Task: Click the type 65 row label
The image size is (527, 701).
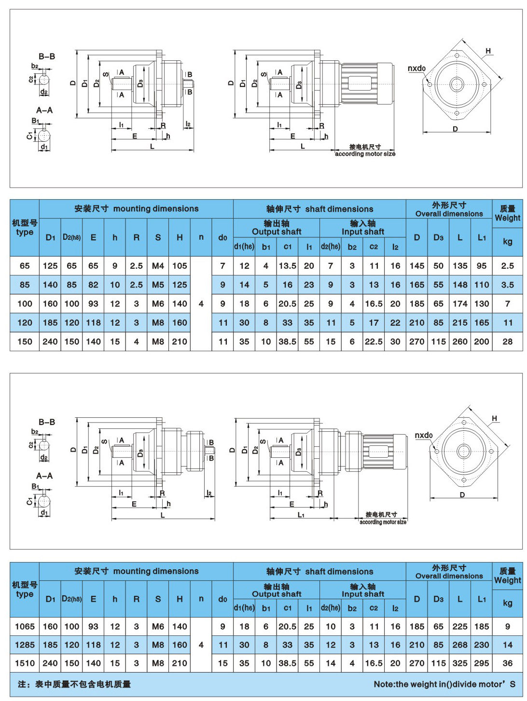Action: (25, 266)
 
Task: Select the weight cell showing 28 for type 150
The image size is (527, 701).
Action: (507, 342)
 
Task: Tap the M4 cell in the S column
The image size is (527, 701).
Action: (158, 266)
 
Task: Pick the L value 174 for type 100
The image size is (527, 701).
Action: (460, 304)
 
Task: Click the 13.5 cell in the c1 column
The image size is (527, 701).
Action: (288, 266)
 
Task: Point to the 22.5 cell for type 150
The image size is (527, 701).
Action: (374, 342)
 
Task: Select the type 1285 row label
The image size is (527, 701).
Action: (25, 645)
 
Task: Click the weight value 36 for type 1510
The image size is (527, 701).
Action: (507, 663)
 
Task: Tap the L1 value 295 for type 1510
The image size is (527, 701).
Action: (482, 663)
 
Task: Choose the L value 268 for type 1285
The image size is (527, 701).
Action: (460, 645)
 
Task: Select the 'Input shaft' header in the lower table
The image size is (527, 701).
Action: (363, 594)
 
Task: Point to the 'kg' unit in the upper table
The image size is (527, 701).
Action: (507, 241)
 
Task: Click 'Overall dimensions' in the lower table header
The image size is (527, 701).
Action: (449, 576)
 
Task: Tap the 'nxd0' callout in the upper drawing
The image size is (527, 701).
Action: (416, 69)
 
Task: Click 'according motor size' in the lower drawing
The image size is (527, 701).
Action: (383, 522)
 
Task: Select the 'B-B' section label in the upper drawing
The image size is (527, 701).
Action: (47, 56)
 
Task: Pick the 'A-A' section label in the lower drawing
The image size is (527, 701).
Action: (44, 476)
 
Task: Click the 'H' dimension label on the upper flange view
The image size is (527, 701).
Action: (488, 51)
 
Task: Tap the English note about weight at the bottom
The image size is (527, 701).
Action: (444, 684)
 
